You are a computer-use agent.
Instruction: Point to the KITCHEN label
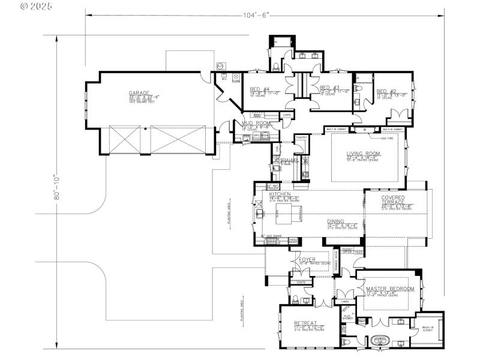coord(280,195)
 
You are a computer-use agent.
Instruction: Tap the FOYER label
coord(307,260)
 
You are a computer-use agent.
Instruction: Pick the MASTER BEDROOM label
coord(390,289)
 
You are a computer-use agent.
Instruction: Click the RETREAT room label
coord(305,323)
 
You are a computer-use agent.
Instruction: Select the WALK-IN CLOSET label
coord(427,329)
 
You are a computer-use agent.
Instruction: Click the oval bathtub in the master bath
coord(380,340)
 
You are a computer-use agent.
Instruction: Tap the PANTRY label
coord(301,137)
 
